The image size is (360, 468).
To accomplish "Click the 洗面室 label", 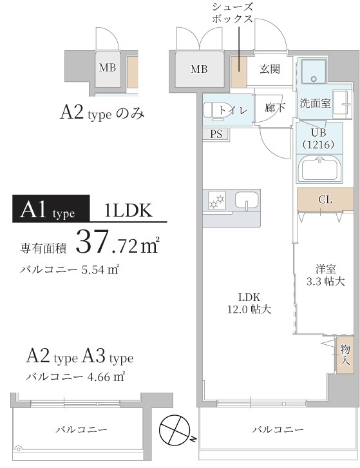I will click(315, 102).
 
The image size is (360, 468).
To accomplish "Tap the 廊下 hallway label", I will click(275, 108).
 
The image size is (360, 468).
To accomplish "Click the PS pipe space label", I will click(215, 134).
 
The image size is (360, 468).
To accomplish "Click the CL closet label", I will click(325, 199).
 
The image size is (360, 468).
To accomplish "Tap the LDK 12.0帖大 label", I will click(249, 303).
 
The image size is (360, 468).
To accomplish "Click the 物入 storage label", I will click(345, 355).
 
